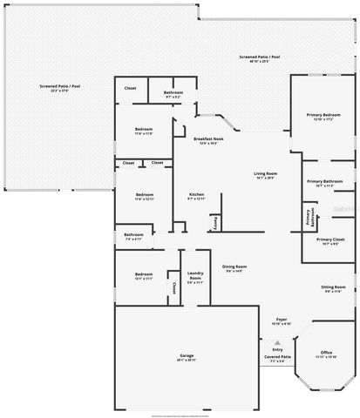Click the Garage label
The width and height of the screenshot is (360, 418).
coord(187,357)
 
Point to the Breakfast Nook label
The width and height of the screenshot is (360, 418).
coord(209,140)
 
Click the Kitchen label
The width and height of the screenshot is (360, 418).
coord(196,196)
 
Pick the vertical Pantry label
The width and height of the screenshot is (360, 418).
coord(215,223)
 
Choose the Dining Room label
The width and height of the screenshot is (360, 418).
coord(234,268)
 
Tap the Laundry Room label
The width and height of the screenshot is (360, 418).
coord(195,279)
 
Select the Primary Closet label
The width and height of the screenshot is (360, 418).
coord(330,241)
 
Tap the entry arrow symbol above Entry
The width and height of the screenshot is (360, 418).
coord(278,342)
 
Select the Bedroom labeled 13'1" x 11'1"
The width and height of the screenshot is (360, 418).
coord(145,277)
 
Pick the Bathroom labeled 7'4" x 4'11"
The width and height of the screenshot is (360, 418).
coord(133,236)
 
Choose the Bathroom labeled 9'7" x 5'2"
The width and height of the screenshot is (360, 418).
coord(173,94)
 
